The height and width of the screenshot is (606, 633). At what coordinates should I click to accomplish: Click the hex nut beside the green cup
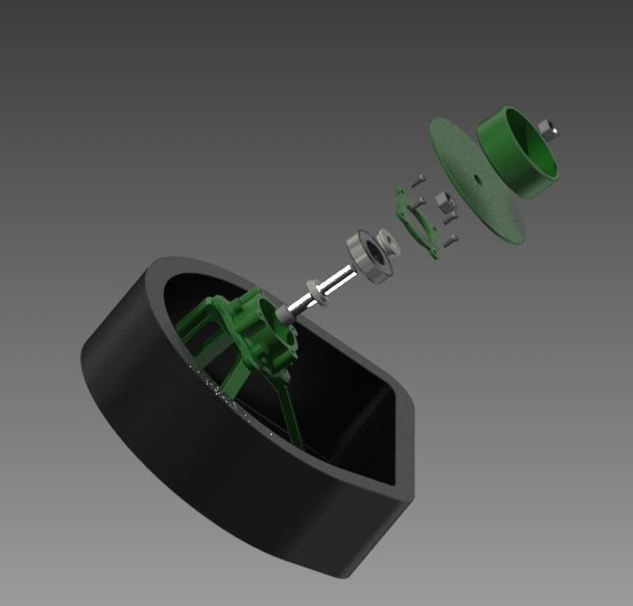click(x=547, y=130)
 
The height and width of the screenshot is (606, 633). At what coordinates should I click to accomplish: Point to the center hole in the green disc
click(x=477, y=178)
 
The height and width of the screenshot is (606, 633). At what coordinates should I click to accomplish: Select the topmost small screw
click(x=419, y=177)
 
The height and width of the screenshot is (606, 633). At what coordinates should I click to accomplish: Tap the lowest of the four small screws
click(x=452, y=239)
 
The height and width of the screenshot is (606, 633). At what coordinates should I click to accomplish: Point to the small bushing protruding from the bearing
click(x=389, y=241)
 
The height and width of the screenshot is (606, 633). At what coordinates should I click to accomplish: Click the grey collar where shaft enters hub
click(x=286, y=311)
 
